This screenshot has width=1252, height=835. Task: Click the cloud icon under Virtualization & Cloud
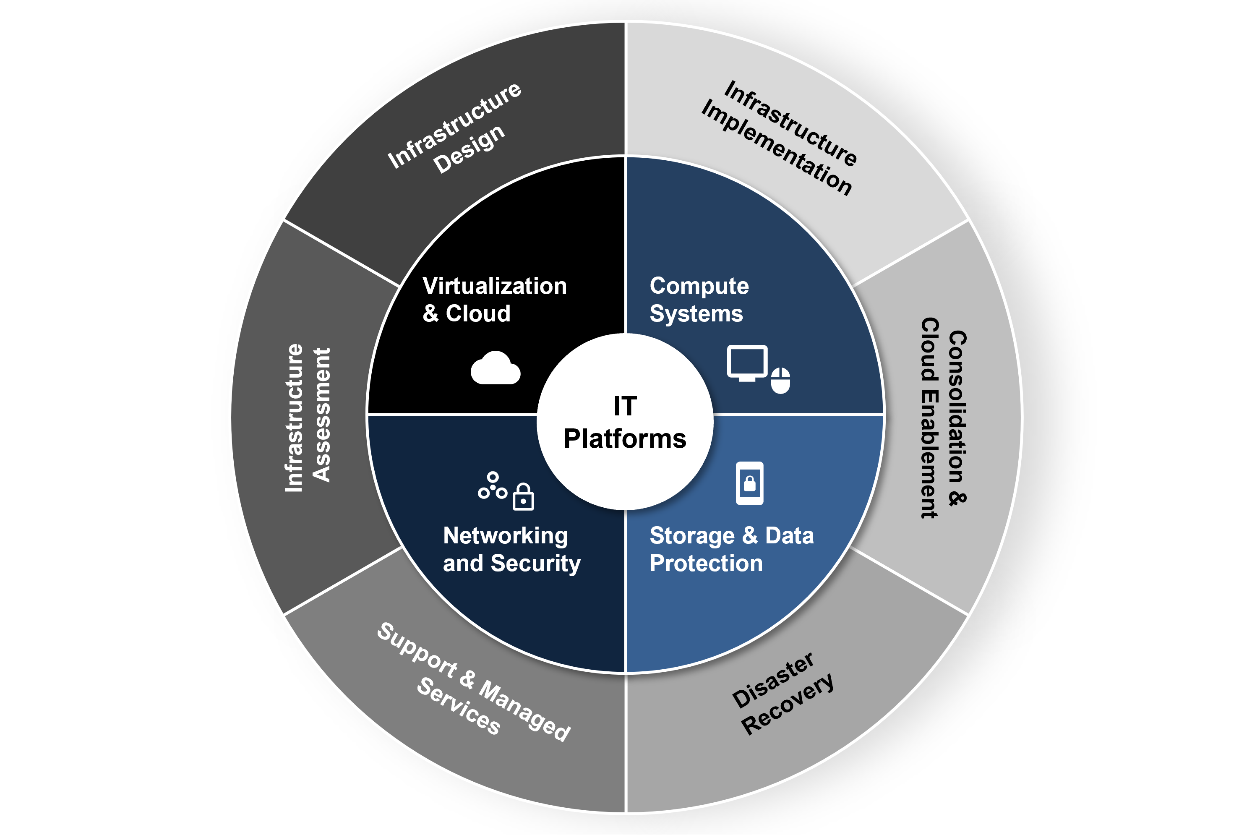click(x=495, y=368)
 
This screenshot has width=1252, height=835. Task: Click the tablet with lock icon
click(x=749, y=483)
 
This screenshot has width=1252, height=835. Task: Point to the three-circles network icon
click(x=492, y=485)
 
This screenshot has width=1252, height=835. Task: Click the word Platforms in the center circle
click(x=625, y=439)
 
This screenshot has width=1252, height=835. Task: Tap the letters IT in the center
click(x=625, y=406)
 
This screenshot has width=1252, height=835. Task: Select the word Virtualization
click(x=494, y=287)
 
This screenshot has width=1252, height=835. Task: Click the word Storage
click(x=692, y=536)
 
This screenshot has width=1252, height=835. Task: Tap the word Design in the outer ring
click(x=469, y=149)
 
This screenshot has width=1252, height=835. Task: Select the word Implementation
click(x=777, y=148)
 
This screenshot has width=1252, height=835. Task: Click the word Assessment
click(x=321, y=415)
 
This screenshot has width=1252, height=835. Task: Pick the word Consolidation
click(x=957, y=407)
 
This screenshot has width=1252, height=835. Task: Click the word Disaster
click(x=773, y=680)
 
